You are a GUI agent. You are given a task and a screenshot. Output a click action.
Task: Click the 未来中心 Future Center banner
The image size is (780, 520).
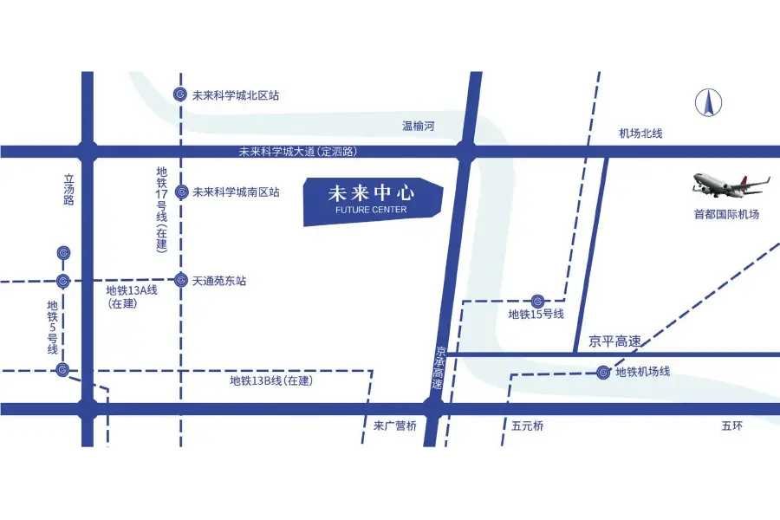(373, 200)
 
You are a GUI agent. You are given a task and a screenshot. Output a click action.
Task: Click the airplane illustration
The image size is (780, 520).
(730, 185)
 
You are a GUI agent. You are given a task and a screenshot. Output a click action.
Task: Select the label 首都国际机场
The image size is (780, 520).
(726, 214)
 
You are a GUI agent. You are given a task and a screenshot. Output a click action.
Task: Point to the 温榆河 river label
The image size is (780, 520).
(418, 127)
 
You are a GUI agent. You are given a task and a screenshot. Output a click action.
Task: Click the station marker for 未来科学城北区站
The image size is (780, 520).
(180, 94)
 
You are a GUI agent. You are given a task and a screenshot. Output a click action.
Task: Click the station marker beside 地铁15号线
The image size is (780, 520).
(537, 300)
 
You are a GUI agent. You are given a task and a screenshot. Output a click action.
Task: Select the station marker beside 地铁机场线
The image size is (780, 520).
(603, 373)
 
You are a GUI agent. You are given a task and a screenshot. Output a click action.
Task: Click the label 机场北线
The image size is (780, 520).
(640, 133)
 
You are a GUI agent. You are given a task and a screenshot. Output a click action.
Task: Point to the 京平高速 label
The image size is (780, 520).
(614, 341)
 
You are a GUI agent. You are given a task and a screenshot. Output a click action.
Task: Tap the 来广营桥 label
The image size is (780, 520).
(395, 426)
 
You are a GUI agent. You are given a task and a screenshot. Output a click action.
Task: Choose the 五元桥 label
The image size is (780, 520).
(527, 426)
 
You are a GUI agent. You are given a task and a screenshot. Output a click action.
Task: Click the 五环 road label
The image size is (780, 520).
(732, 426)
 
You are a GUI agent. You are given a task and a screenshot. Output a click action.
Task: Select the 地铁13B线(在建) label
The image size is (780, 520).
(271, 380)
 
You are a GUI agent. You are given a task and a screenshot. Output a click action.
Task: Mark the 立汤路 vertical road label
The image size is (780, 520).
(69, 190)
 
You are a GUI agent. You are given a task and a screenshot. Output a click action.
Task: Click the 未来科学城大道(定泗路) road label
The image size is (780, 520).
(298, 152)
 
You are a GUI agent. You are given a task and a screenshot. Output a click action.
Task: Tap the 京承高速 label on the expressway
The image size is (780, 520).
(439, 367)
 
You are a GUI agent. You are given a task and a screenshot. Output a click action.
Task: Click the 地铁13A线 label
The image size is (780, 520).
(132, 290)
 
